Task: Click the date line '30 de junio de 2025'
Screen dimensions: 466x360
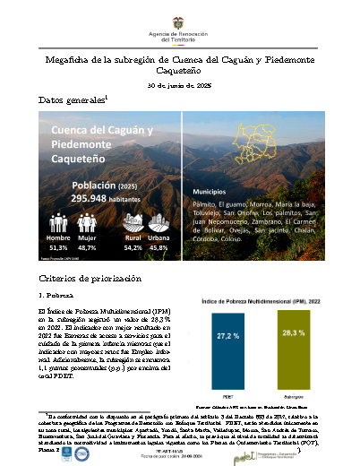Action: [179, 84]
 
